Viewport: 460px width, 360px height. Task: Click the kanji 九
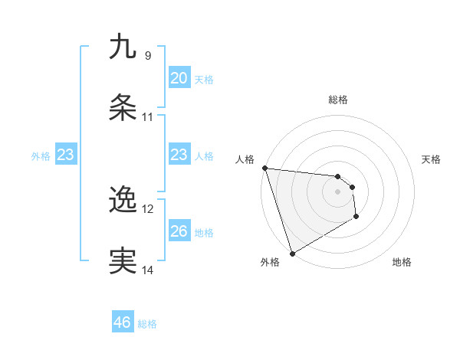[123, 47]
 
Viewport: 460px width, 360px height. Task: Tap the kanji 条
[123, 108]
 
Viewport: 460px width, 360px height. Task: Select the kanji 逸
[123, 200]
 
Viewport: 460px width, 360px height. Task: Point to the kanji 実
[123, 261]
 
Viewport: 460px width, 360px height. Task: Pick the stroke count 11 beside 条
[148, 117]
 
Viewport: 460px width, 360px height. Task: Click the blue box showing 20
[179, 78]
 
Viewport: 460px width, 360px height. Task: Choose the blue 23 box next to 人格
[179, 155]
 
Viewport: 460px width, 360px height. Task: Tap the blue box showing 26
[179, 231]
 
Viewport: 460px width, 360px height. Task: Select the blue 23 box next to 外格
[65, 155]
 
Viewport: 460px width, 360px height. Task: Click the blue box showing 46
[122, 322]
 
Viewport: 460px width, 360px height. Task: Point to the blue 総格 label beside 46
[147, 324]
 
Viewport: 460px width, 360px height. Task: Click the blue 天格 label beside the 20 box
[204, 80]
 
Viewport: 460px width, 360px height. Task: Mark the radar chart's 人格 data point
[264, 168]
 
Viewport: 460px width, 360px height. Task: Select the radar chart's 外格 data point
[292, 253]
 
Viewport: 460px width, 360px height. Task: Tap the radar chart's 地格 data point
[356, 217]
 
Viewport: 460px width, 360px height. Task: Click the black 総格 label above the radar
[337, 100]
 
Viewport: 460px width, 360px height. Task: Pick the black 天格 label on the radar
[431, 159]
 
